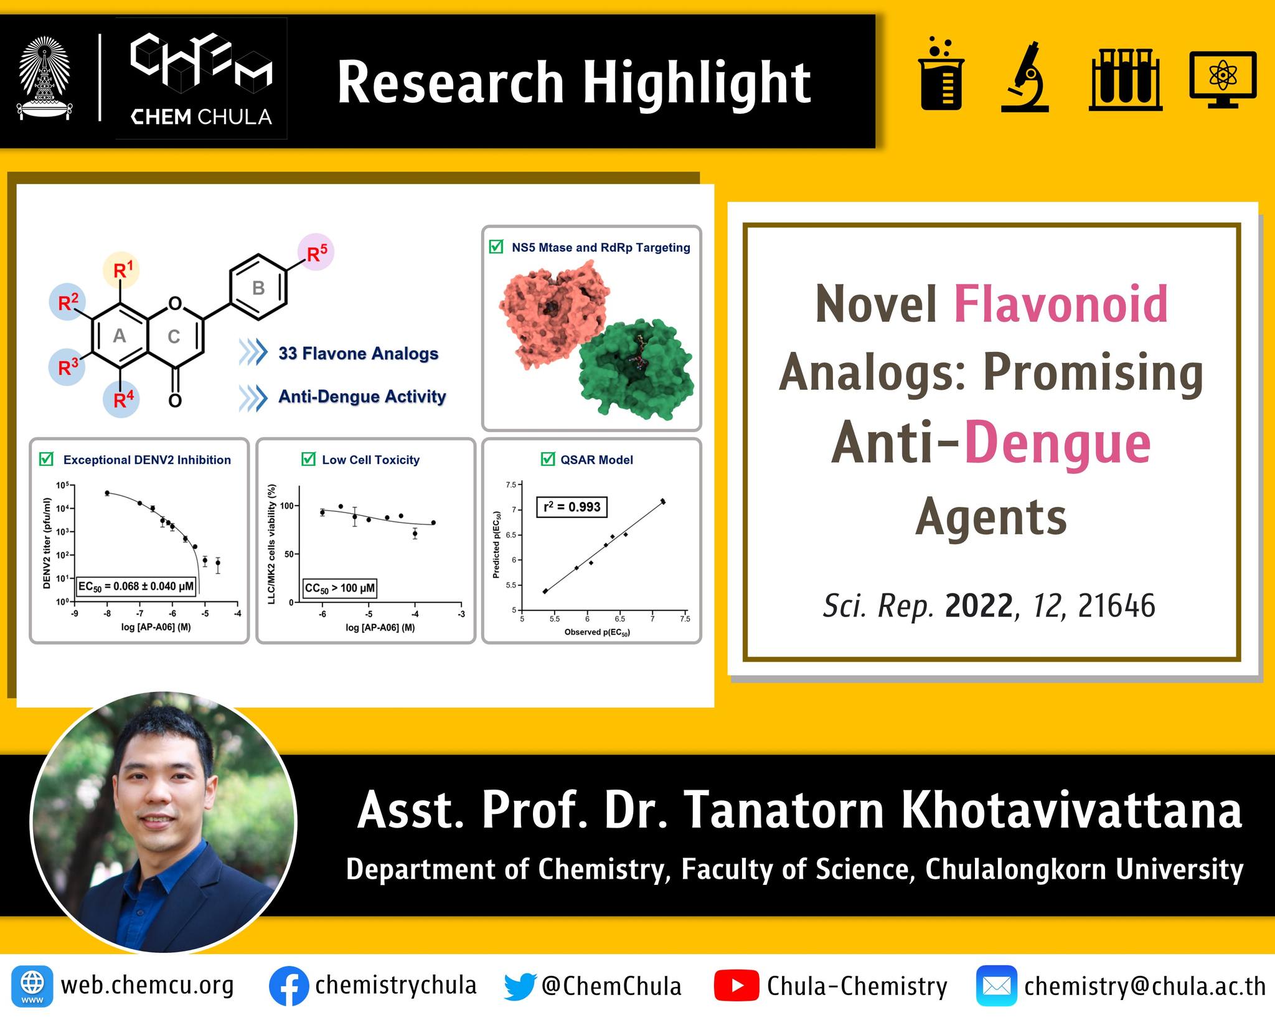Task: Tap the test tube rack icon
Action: coord(1126,80)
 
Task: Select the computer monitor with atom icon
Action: coord(1223,79)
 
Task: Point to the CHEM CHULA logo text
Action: coord(200,116)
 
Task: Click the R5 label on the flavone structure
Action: coord(316,252)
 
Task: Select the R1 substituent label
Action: coord(123,270)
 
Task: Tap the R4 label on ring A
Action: coord(123,399)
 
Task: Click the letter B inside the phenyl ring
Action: coord(258,288)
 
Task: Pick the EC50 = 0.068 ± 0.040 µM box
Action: coord(136,587)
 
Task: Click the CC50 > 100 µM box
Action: coord(340,588)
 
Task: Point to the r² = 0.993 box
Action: coord(572,507)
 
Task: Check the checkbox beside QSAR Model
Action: coord(547,460)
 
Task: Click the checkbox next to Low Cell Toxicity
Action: coord(308,460)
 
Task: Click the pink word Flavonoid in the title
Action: coord(1060,305)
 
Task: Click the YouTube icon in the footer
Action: coord(736,986)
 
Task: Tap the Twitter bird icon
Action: coord(520,986)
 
